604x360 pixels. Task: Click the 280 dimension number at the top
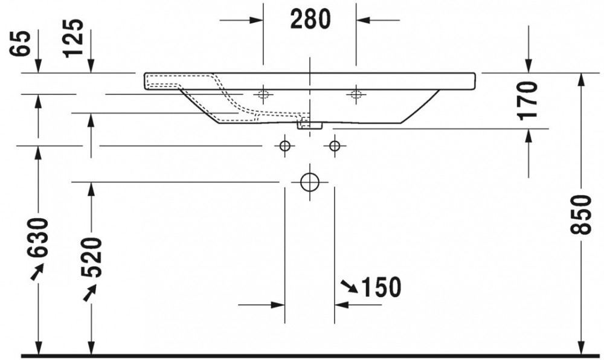click(310, 20)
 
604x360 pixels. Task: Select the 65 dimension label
click(20, 43)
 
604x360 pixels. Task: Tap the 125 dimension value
click(73, 38)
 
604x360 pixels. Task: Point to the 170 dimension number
click(528, 100)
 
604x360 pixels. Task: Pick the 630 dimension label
click(38, 237)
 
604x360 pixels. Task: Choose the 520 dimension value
click(92, 257)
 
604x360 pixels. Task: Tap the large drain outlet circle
click(310, 182)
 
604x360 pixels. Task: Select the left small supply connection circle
click(284, 146)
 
